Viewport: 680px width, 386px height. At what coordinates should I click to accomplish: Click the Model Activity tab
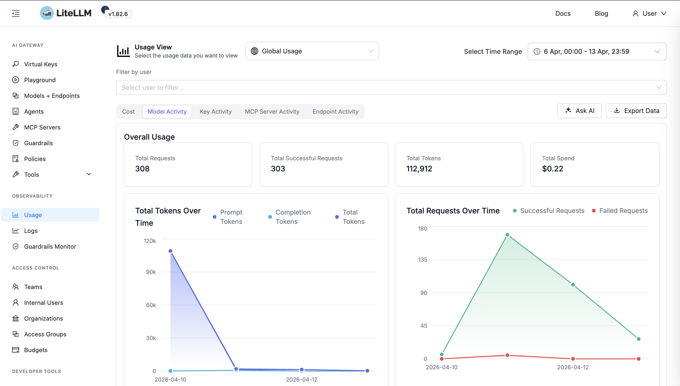coord(167,112)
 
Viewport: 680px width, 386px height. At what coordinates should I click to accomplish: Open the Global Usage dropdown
coord(312,51)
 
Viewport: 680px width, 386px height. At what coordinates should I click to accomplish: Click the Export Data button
coord(636,111)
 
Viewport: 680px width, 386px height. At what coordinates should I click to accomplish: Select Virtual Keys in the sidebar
coord(41,64)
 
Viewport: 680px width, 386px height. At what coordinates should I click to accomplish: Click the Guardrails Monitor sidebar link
coord(50,247)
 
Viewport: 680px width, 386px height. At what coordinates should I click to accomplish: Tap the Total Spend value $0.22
coord(552,169)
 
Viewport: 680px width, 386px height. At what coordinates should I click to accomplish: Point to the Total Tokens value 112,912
coord(419,169)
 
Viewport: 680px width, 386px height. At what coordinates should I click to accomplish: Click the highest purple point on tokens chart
coord(170,251)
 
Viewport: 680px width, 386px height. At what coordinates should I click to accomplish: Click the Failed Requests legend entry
coord(623,211)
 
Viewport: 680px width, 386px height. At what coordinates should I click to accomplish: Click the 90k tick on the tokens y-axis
coord(151,272)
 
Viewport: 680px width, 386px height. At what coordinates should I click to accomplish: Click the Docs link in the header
coord(563,13)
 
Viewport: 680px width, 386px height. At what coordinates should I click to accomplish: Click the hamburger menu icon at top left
coord(16,13)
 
